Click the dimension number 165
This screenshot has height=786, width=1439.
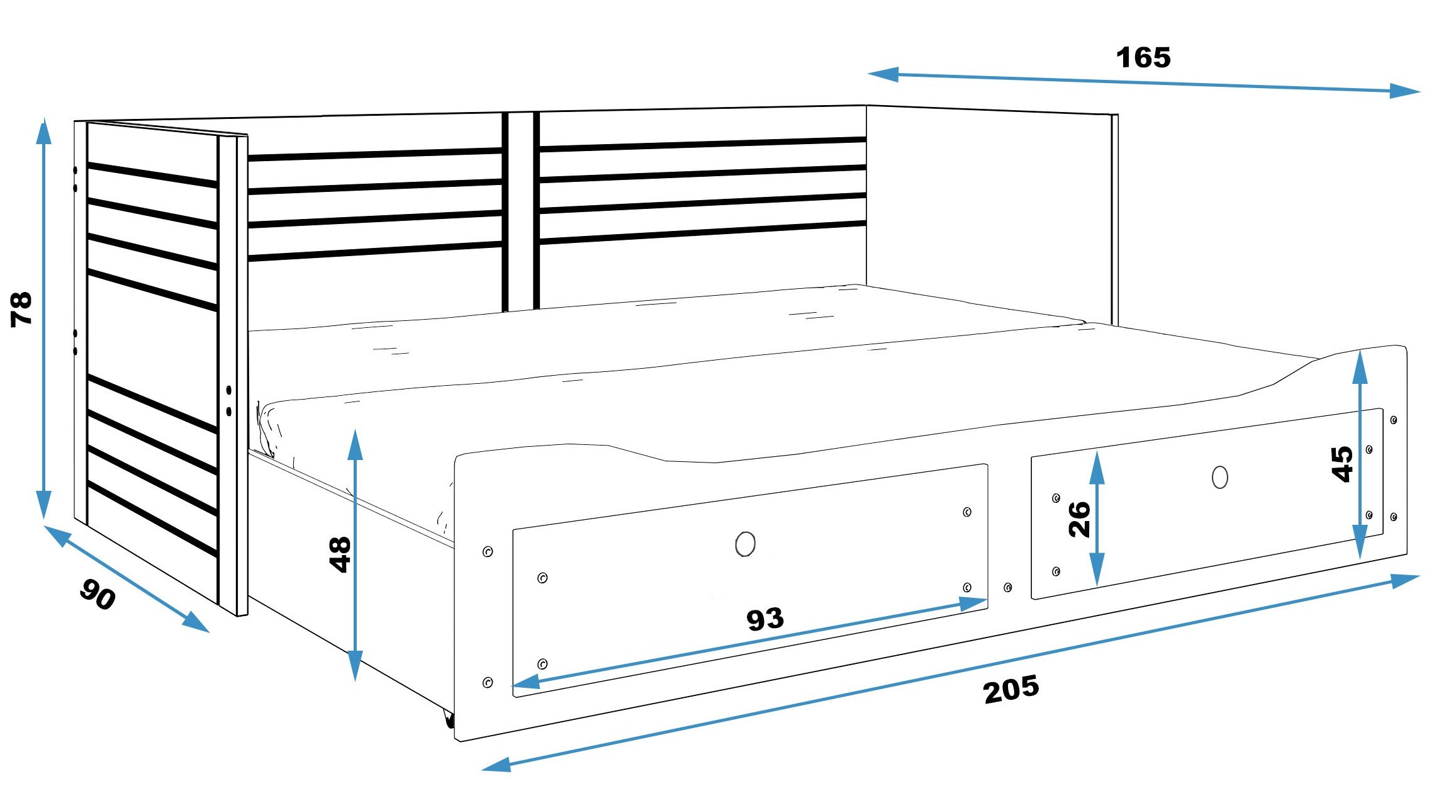point(1143,58)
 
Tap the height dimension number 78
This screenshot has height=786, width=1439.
point(21,308)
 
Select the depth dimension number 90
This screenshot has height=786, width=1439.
point(98,594)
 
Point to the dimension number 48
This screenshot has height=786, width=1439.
point(340,554)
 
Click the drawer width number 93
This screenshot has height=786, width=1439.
point(765,619)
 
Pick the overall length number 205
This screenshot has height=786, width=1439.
point(1011,690)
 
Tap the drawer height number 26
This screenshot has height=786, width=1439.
point(1080,519)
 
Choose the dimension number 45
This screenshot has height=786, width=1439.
point(1342,464)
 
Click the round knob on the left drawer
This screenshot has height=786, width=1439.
point(745,544)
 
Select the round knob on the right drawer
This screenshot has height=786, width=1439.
point(1219,477)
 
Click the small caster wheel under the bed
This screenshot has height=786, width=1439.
point(449,719)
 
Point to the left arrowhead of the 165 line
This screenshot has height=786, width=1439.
point(883,75)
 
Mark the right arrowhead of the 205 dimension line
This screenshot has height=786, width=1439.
point(1405,580)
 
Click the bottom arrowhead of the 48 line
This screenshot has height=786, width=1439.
point(355,666)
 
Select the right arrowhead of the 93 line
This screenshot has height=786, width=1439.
point(973,604)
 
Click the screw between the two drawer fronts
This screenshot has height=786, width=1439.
point(1007,587)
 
